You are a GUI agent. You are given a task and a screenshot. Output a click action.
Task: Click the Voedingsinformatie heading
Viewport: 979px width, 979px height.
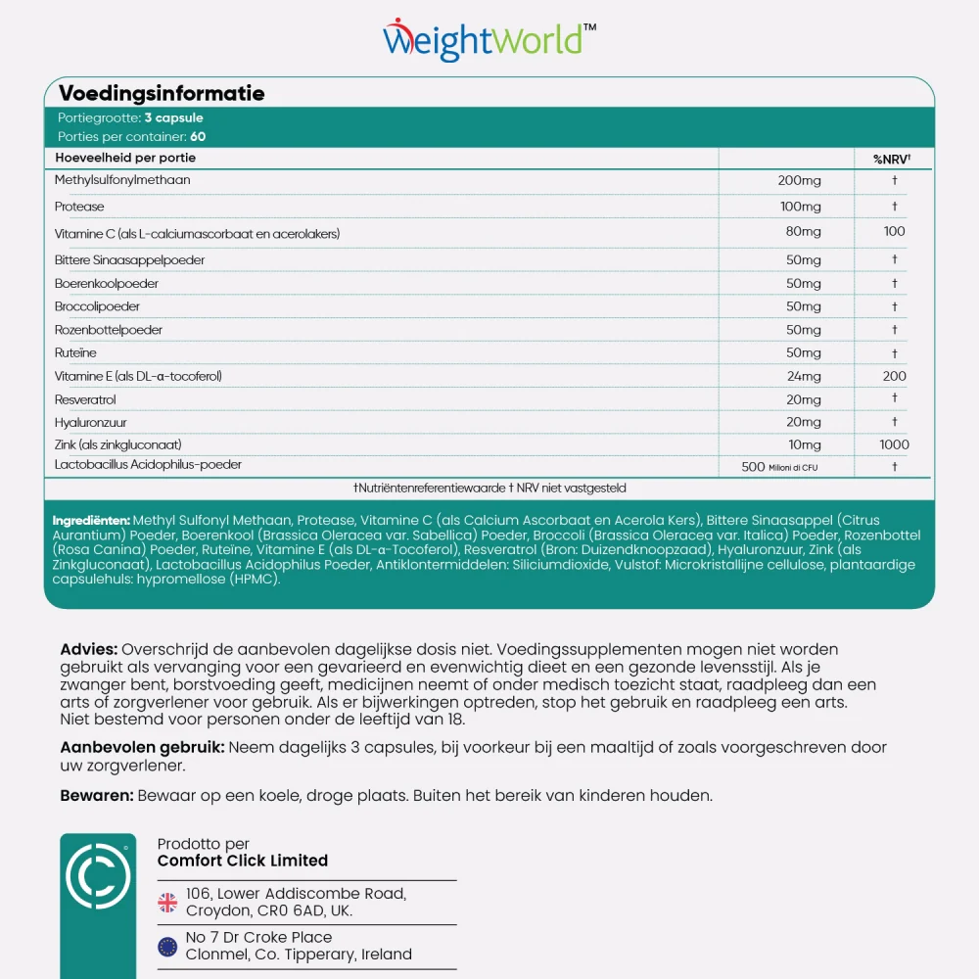pos(162,94)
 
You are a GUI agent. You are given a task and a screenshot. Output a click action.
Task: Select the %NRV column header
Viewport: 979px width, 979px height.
pos(893,159)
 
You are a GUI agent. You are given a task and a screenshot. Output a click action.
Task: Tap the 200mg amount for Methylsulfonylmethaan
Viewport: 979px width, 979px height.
pos(800,181)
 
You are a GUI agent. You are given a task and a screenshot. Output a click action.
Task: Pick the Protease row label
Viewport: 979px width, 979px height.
pos(79,208)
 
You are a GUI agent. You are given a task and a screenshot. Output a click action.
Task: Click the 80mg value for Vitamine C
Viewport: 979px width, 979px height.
pos(804,232)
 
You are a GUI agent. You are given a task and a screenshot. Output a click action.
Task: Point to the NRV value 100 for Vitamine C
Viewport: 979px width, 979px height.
pos(894,232)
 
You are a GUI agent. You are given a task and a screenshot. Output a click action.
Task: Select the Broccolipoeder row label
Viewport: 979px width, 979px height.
pos(97,306)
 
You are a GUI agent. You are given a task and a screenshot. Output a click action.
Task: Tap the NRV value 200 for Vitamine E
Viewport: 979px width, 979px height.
pos(894,377)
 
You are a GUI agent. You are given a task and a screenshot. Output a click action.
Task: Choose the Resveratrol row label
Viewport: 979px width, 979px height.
pos(85,400)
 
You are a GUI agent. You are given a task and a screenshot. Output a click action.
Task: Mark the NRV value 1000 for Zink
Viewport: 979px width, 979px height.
pos(894,445)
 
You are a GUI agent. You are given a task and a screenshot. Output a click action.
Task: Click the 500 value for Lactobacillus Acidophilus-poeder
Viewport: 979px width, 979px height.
pos(753,468)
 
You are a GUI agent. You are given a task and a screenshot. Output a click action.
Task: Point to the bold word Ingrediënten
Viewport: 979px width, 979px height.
pos(91,521)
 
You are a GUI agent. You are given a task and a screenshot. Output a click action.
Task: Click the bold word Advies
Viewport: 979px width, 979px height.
pos(89,650)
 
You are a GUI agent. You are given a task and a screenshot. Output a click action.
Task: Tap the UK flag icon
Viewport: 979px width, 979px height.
pos(168,902)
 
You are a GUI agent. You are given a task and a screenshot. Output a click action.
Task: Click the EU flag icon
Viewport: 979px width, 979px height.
pos(168,947)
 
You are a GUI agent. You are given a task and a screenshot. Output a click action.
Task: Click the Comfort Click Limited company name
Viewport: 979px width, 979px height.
pos(243,862)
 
